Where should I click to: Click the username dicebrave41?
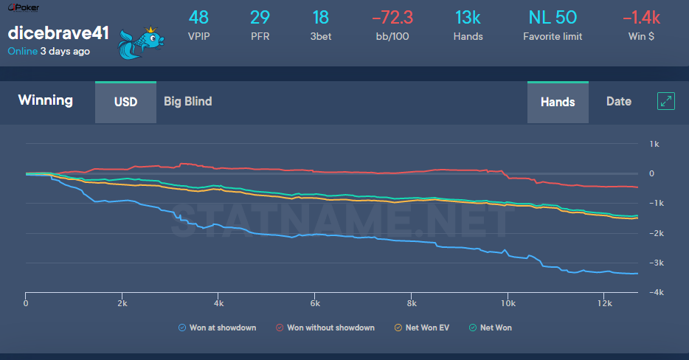(x=58, y=34)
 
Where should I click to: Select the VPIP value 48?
(x=199, y=17)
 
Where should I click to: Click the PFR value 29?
(x=260, y=17)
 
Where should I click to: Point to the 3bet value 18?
(x=320, y=17)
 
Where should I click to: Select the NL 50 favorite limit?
(x=553, y=17)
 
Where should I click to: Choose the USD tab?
(x=125, y=102)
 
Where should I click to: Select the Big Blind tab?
(x=187, y=102)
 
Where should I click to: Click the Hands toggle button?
(x=557, y=102)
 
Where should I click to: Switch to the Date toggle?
(x=618, y=102)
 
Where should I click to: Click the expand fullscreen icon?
(x=666, y=102)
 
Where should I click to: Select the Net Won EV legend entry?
(x=423, y=328)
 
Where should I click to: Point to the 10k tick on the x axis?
(x=508, y=303)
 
